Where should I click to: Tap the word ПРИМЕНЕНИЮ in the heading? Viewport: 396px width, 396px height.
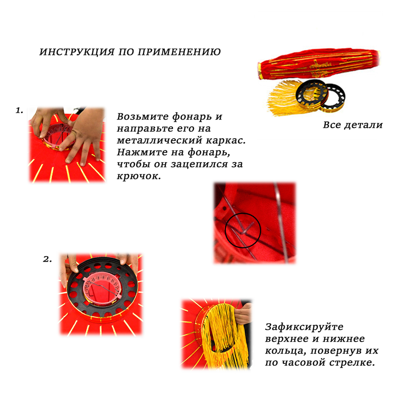coord(179,52)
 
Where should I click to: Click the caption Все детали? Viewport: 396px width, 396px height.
coord(353,125)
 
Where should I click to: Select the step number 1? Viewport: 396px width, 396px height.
coord(19,110)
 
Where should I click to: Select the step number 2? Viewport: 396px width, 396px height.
coord(47,259)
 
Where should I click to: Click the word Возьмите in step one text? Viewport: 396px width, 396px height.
coord(143,117)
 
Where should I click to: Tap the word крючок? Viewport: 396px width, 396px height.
coord(138,176)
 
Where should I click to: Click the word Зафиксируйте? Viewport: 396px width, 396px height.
coord(304,327)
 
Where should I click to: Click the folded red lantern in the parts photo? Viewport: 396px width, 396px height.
coord(319,64)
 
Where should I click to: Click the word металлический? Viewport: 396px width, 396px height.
coord(160,140)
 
